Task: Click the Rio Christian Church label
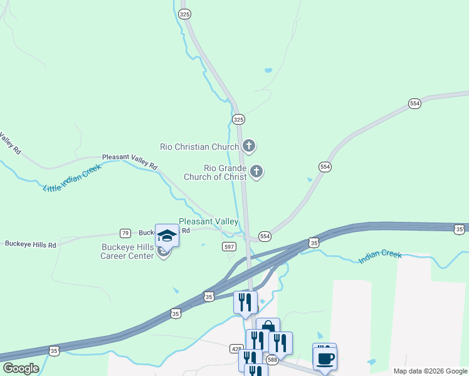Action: (199, 147)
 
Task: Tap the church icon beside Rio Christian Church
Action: (249, 147)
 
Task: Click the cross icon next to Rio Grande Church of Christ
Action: (256, 171)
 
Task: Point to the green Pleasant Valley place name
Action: (208, 221)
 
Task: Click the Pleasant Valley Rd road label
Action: (129, 160)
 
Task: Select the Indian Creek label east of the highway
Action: (380, 257)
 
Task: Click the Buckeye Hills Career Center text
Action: (127, 251)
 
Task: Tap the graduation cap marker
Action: (167, 236)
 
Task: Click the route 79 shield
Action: (125, 232)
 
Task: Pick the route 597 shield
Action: (229, 246)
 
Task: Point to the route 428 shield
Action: (236, 348)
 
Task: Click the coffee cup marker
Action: (325, 359)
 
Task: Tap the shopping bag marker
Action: (268, 328)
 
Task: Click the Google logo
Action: (21, 368)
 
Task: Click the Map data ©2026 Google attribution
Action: (431, 371)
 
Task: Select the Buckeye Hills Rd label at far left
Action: (30, 244)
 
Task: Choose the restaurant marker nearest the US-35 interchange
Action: (246, 302)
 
